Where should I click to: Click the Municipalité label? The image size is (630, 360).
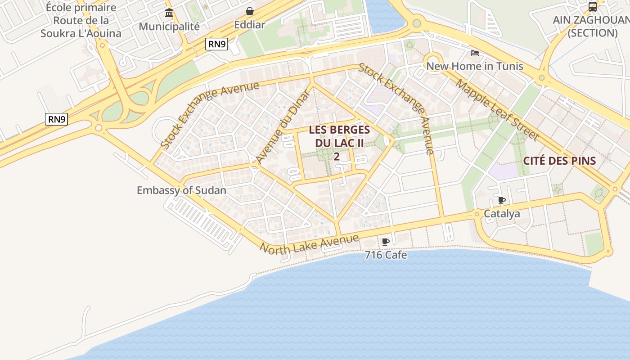pyautogui.click(x=169, y=26)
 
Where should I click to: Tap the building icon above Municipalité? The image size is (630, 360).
pyautogui.click(x=169, y=12)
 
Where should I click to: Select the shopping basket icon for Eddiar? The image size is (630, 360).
pyautogui.click(x=249, y=11)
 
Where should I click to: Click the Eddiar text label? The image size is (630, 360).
pyautogui.click(x=249, y=25)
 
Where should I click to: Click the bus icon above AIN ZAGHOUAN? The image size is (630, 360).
pyautogui.click(x=593, y=7)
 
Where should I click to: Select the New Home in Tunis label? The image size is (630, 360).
pyautogui.click(x=475, y=66)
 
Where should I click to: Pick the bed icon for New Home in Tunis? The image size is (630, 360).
pyautogui.click(x=474, y=53)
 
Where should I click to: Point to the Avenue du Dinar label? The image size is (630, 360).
pyautogui.click(x=283, y=127)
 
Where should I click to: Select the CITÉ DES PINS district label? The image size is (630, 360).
pyautogui.click(x=559, y=161)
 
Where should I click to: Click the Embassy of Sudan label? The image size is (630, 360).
pyautogui.click(x=181, y=190)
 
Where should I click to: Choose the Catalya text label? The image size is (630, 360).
pyautogui.click(x=502, y=214)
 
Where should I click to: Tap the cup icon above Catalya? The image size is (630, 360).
pyautogui.click(x=502, y=200)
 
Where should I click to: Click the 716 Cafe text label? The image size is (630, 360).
pyautogui.click(x=386, y=255)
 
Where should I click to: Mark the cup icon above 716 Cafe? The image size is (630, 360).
pyautogui.click(x=386, y=242)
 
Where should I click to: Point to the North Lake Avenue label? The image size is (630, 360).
pyautogui.click(x=310, y=244)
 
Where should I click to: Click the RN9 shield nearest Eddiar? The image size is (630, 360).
pyautogui.click(x=217, y=44)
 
